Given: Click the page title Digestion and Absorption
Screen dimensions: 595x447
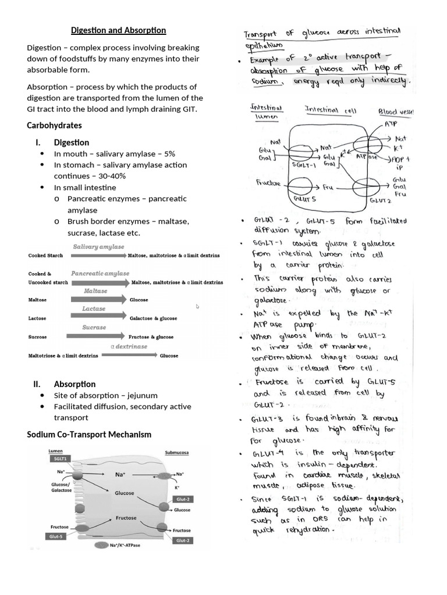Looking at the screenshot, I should click(x=118, y=30).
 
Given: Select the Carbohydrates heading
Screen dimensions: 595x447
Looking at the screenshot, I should click(x=54, y=126).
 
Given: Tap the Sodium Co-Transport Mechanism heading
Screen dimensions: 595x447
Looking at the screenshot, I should click(x=89, y=434).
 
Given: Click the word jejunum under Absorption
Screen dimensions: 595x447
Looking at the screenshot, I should click(x=143, y=395).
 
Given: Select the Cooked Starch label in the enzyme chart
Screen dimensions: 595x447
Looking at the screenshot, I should click(x=46, y=256).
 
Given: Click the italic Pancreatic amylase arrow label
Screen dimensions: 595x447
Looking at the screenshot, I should click(x=100, y=273).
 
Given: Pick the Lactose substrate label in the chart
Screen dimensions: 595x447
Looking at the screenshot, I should click(x=37, y=318).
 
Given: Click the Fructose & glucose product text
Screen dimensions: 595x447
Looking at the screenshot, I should click(x=151, y=336).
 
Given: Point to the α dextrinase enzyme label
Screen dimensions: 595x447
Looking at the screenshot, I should click(x=129, y=346).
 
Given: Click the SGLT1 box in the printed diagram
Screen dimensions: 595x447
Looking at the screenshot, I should click(x=58, y=459).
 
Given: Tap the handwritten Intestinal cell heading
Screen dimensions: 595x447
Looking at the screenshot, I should click(x=327, y=109).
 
